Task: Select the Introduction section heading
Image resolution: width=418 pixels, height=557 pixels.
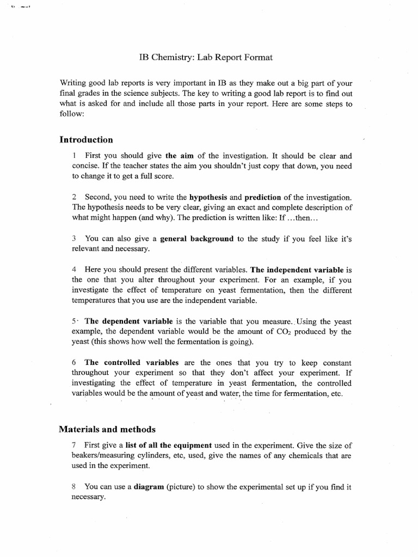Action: point(86,140)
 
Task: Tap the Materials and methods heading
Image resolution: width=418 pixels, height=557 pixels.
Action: point(107,429)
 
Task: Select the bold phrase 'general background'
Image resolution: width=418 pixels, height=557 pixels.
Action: point(196,238)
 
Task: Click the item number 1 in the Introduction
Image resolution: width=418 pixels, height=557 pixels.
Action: point(74,155)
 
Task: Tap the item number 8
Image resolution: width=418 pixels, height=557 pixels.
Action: point(74,487)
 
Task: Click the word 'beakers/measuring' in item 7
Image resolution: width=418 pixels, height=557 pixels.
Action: point(103,456)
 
